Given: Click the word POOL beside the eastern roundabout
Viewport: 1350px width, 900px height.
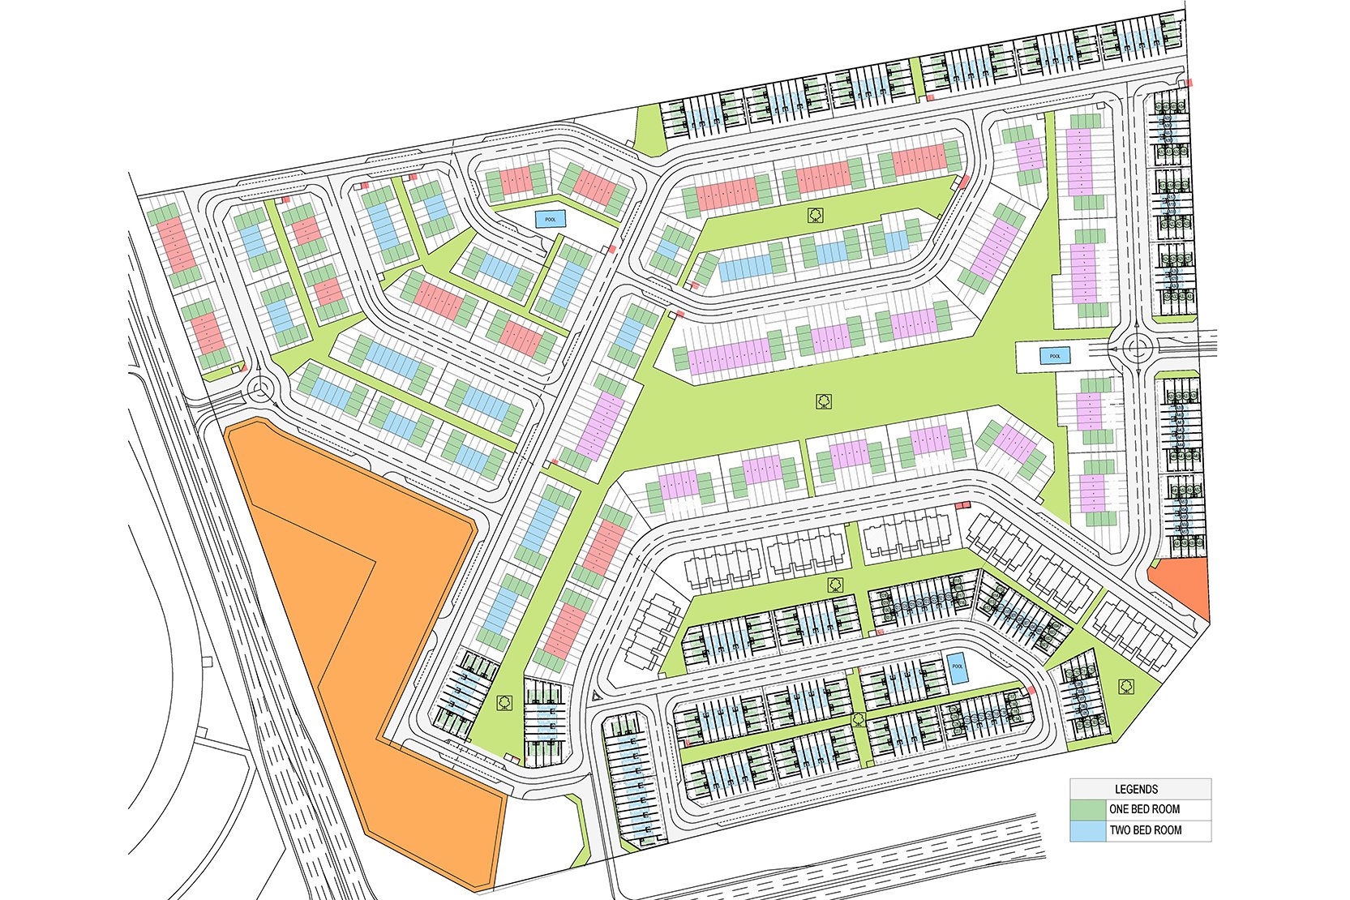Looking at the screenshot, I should (1055, 356).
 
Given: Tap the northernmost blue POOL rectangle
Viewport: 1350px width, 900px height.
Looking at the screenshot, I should (551, 219).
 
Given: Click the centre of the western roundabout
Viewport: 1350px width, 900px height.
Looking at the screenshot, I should (261, 391).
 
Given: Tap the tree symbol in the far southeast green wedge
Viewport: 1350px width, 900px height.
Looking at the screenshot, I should (1126, 686).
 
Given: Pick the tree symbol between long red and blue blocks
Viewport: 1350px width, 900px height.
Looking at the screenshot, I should (816, 215).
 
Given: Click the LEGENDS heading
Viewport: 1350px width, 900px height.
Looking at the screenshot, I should (1136, 789).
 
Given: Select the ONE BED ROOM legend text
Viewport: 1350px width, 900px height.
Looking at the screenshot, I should (1144, 809).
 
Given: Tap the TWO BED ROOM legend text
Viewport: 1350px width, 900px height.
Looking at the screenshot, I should (1145, 830).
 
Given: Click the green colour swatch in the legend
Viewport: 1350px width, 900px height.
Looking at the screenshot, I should (1087, 809).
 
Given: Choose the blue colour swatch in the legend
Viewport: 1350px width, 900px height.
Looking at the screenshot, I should (1087, 830).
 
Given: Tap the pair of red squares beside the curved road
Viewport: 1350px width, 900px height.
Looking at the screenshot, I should (962, 505).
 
